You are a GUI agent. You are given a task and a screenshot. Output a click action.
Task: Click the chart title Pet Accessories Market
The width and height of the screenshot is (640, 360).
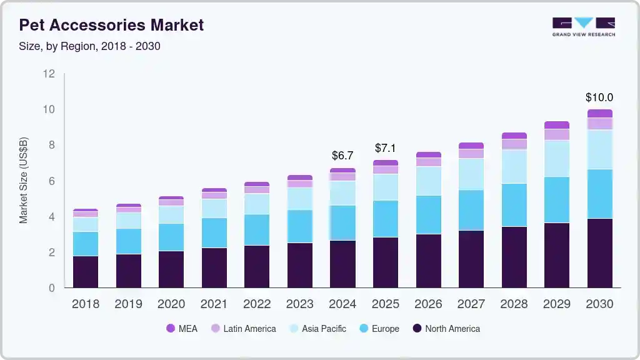pyautogui.click(x=111, y=25)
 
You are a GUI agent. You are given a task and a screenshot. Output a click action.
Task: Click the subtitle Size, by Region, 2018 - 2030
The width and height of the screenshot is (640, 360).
pyautogui.click(x=89, y=46)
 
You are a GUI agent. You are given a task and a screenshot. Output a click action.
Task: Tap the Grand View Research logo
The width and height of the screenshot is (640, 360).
pyautogui.click(x=583, y=27)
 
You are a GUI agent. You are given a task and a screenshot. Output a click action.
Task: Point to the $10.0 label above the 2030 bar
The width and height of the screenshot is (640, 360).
pyautogui.click(x=599, y=97)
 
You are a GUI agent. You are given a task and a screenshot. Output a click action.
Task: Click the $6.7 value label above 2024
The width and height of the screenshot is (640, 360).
pyautogui.click(x=342, y=155)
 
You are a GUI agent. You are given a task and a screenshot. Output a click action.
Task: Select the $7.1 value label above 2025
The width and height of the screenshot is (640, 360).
pyautogui.click(x=386, y=148)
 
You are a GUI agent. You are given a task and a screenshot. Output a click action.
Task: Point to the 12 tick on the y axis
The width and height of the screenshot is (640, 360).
pyautogui.click(x=49, y=74)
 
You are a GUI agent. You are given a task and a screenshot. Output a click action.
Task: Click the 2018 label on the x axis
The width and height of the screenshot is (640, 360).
pyautogui.click(x=85, y=304)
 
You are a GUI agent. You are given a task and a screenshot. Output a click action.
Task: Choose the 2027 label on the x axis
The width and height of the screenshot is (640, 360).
pyautogui.click(x=471, y=304)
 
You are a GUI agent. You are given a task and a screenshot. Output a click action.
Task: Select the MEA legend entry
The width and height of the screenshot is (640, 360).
pyautogui.click(x=182, y=329)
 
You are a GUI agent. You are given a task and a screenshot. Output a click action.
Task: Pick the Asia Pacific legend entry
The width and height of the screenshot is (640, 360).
pyautogui.click(x=317, y=329)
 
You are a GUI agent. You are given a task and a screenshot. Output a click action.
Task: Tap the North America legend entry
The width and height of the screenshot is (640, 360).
pyautogui.click(x=446, y=329)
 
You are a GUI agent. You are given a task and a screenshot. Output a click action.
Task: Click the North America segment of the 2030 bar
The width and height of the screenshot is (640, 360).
pyautogui.click(x=599, y=253)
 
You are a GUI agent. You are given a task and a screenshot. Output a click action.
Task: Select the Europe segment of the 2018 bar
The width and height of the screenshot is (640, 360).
pyautogui.click(x=85, y=244)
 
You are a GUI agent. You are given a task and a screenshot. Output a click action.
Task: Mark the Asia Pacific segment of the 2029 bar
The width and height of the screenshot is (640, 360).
pyautogui.click(x=556, y=159)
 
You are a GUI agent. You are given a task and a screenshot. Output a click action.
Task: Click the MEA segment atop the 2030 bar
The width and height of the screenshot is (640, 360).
pyautogui.click(x=599, y=114)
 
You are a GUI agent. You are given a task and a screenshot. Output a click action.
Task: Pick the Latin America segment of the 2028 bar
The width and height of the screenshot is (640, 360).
pyautogui.click(x=514, y=144)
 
